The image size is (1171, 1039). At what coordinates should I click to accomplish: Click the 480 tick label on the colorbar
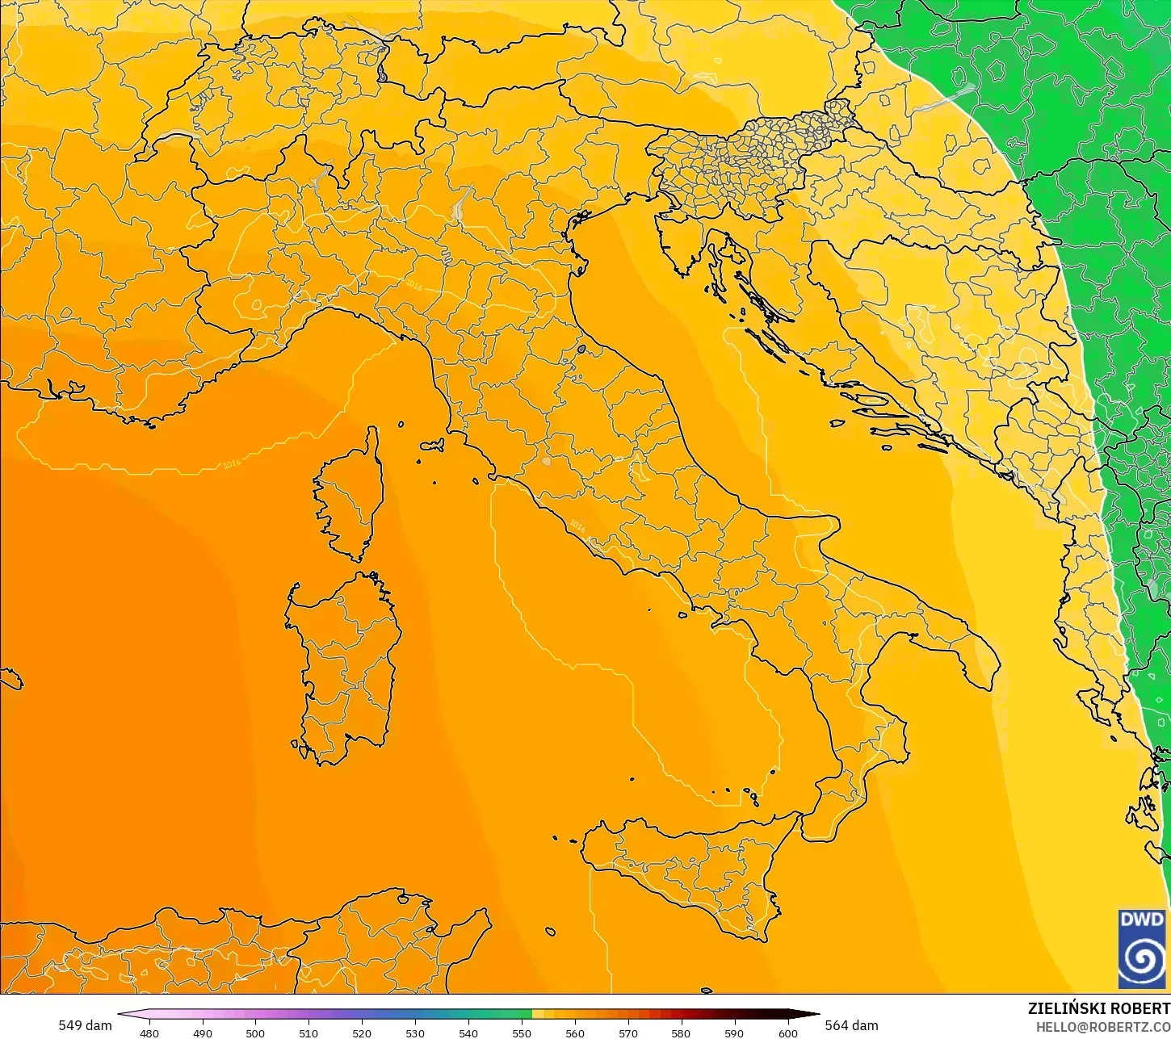pos(149,1033)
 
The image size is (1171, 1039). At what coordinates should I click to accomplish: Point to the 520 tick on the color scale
pos(362,1033)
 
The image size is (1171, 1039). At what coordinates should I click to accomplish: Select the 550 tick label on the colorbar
pos(522,1033)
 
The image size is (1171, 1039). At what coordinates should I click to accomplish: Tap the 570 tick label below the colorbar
pos(627,1033)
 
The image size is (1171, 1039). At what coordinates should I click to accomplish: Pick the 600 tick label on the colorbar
pos(787,1033)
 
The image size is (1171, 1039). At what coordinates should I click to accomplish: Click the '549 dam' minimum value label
pos(85,1025)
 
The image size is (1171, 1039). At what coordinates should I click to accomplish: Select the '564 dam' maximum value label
pos(851,1025)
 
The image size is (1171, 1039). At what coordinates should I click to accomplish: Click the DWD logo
pos(1142,949)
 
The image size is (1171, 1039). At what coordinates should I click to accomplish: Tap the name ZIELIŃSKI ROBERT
pos(1098,1008)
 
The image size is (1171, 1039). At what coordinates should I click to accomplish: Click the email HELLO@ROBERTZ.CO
pos(1103,1026)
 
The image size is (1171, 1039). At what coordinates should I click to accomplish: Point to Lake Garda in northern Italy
pos(461,202)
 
